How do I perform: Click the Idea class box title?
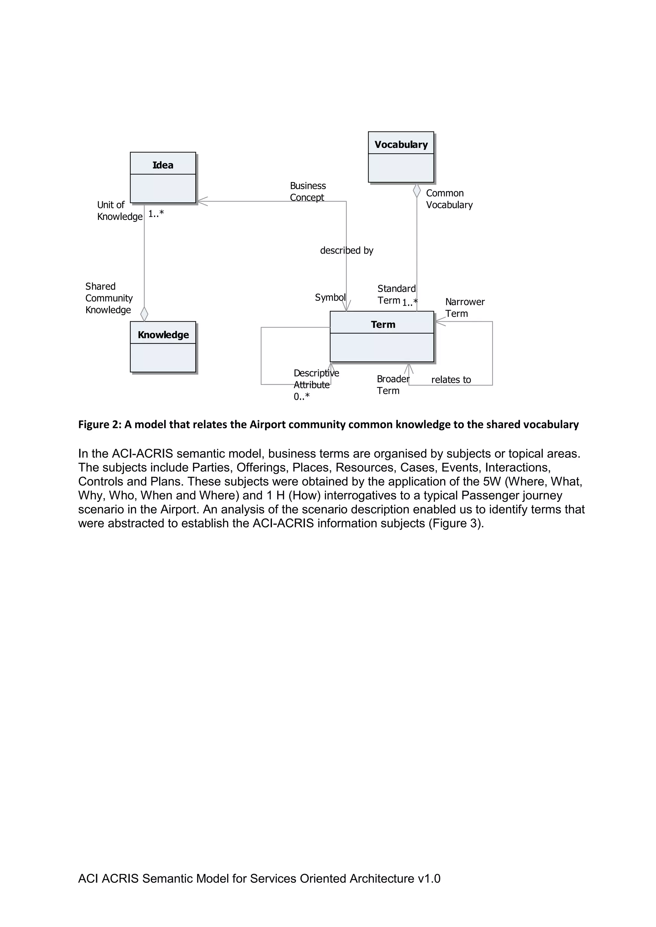click(x=163, y=165)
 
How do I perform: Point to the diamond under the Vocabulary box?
click(x=416, y=190)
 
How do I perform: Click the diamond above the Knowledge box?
click(x=144, y=314)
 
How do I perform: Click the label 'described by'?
click(x=346, y=250)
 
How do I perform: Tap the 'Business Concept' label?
click(x=307, y=191)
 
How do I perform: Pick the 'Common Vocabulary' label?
click(x=449, y=199)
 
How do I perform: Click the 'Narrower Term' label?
click(x=464, y=307)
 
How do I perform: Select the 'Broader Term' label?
click(x=393, y=384)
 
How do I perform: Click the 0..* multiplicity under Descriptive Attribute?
click(x=301, y=397)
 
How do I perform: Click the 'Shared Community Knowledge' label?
click(x=109, y=298)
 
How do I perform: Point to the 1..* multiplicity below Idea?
click(x=156, y=214)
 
